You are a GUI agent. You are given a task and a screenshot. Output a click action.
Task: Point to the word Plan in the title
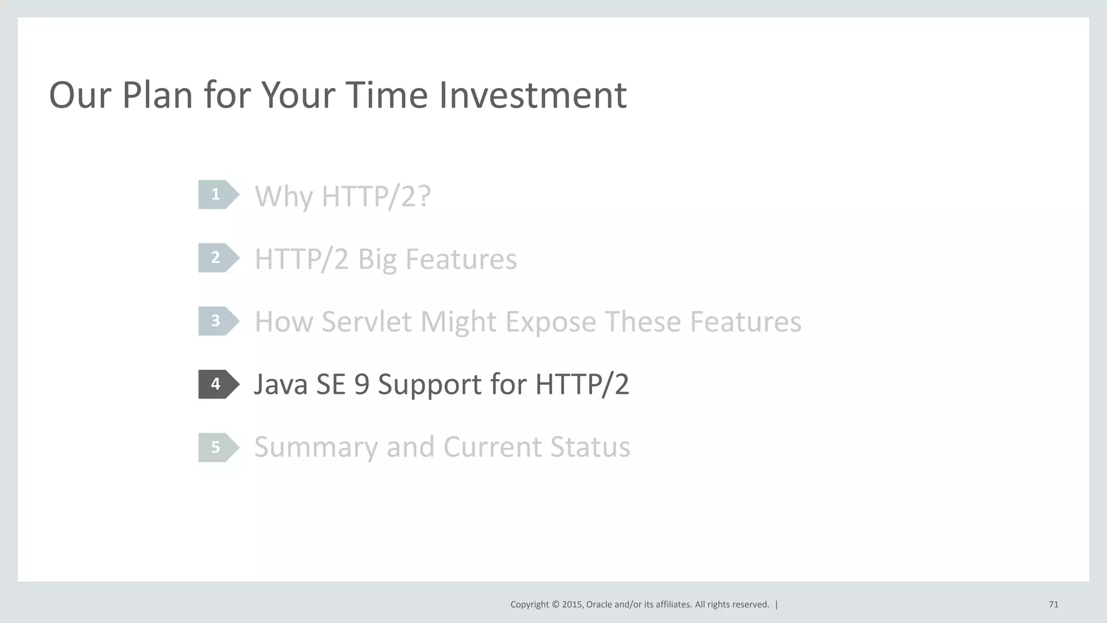(x=157, y=95)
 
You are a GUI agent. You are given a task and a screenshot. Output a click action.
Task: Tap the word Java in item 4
(x=280, y=385)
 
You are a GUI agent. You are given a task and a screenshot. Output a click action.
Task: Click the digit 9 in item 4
(x=362, y=385)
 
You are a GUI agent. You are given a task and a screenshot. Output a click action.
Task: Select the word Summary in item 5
(x=316, y=448)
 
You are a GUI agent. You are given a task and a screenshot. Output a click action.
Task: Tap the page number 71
(x=1053, y=605)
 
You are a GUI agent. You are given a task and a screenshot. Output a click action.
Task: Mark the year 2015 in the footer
(x=572, y=605)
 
